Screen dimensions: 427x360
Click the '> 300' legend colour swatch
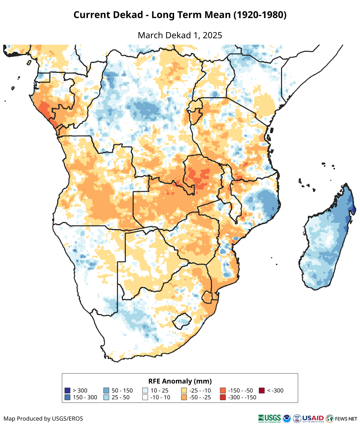[67, 390]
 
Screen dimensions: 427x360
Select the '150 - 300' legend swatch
[67, 397]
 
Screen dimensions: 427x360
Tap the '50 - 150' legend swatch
[106, 390]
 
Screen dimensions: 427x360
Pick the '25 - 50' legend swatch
[106, 397]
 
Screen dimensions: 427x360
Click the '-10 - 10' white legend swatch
[145, 397]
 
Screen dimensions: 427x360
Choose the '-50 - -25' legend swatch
[184, 397]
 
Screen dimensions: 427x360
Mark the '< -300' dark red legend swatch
[262, 390]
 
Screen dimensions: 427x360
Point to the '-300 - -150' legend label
[242, 397]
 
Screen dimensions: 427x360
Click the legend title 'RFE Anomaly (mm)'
[180, 381]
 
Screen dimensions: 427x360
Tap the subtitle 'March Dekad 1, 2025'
[180, 35]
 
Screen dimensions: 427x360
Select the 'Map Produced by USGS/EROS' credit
[43, 418]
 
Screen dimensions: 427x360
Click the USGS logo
[269, 418]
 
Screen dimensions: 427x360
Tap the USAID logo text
[313, 418]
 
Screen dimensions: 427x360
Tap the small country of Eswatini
[207, 297]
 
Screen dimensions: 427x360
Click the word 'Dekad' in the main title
[134, 15]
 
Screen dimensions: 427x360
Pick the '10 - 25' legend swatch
[145, 390]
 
